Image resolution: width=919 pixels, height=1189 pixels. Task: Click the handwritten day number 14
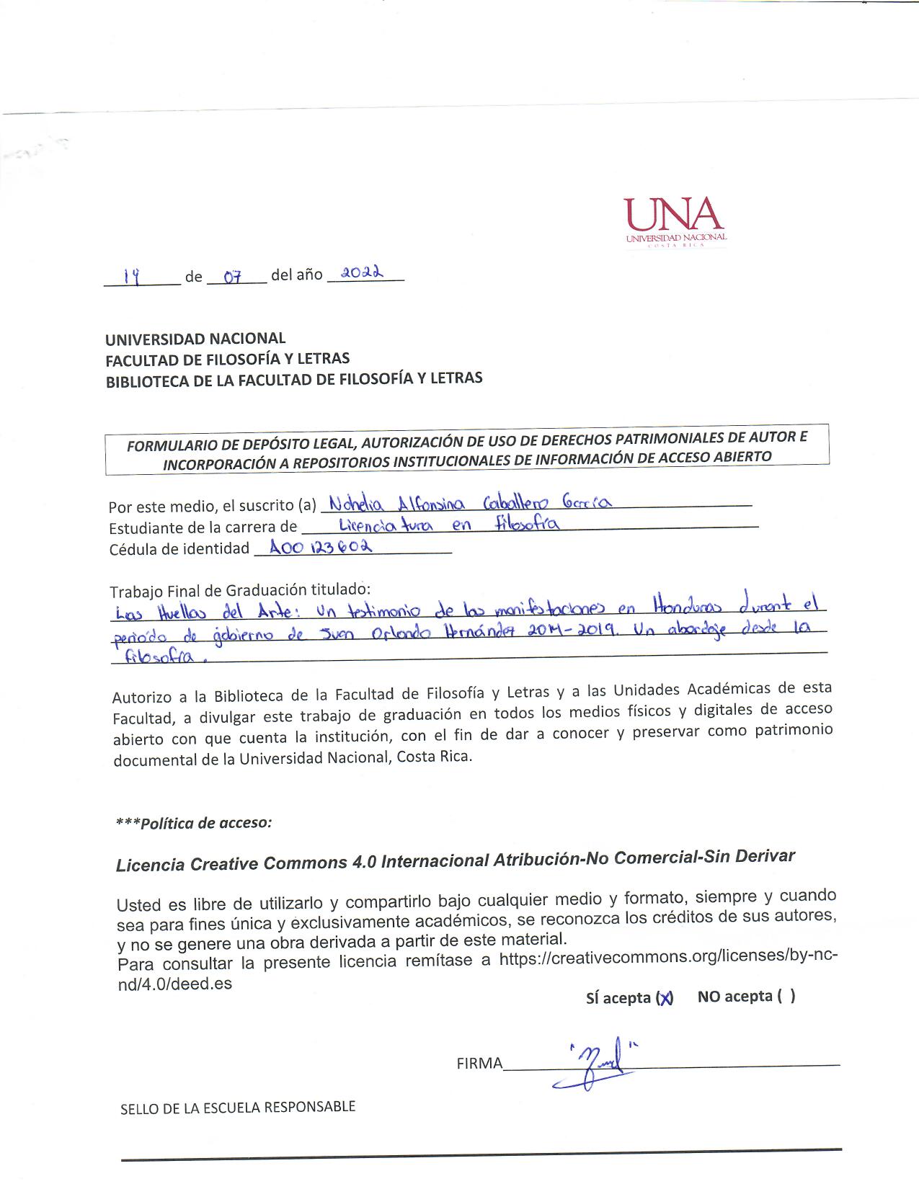[132, 275]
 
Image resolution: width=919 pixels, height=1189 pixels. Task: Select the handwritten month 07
[231, 277]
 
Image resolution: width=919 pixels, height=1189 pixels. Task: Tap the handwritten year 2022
[362, 273]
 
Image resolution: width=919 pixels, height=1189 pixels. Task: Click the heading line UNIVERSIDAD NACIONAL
[195, 339]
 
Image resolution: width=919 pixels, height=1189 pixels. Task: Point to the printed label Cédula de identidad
[179, 549]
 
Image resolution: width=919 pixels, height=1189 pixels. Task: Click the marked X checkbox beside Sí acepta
[665, 998]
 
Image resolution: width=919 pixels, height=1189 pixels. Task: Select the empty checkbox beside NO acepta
[786, 996]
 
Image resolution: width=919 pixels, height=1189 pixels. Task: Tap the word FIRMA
[479, 1064]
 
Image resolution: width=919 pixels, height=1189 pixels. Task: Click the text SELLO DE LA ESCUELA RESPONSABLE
[238, 1108]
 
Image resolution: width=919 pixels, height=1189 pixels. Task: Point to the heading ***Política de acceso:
[194, 823]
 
